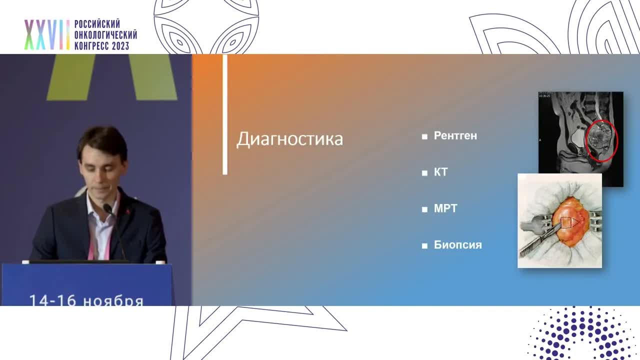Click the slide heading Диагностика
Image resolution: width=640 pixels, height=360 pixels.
pyautogui.click(x=289, y=138)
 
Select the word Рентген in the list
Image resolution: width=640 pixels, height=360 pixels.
pyautogui.click(x=455, y=136)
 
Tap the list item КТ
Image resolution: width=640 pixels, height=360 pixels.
pyautogui.click(x=440, y=172)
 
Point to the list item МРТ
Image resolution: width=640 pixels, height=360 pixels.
pyautogui.click(x=445, y=208)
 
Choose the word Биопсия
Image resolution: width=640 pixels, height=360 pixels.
pyautogui.click(x=457, y=245)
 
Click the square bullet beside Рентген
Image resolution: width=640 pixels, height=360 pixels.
pyautogui.click(x=424, y=136)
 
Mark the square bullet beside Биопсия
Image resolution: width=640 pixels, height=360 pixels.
pyautogui.click(x=424, y=245)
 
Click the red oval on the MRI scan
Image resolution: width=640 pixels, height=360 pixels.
pyautogui.click(x=601, y=140)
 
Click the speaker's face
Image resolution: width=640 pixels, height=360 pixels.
pyautogui.click(x=102, y=164)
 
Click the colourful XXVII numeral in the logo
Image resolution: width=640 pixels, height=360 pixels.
pyautogui.click(x=47, y=35)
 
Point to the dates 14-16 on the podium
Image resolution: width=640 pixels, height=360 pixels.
pyautogui.click(x=53, y=301)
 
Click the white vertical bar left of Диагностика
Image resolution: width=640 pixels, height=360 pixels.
pyautogui.click(x=225, y=114)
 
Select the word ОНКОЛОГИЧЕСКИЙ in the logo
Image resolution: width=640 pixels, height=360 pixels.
pyautogui.click(x=105, y=35)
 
